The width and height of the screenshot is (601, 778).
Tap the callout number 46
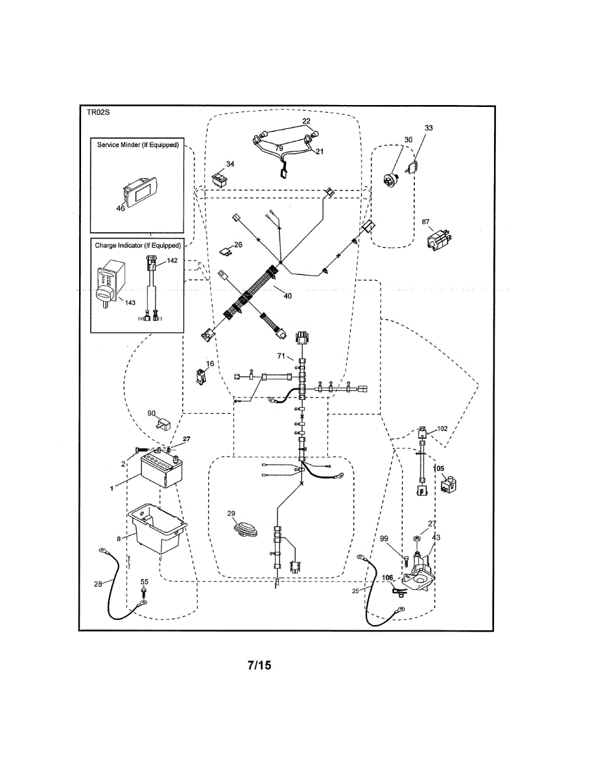pyautogui.click(x=121, y=208)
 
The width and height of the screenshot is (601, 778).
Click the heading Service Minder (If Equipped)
pyautogui.click(x=137, y=145)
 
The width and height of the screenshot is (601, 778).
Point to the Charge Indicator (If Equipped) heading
pyautogui.click(x=137, y=246)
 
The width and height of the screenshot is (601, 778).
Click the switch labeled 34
pyautogui.click(x=220, y=176)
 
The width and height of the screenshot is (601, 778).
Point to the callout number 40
pyautogui.click(x=287, y=296)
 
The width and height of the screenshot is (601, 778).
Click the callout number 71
pyautogui.click(x=281, y=356)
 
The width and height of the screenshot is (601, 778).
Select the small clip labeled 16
pyautogui.click(x=202, y=377)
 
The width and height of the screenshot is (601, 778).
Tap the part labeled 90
pyautogui.click(x=162, y=425)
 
